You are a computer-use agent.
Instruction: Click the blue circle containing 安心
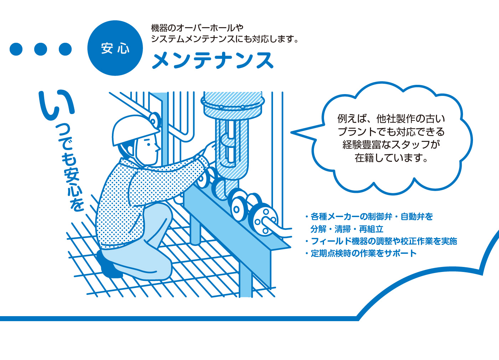[x=115, y=48]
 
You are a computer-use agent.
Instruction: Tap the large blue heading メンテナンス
[x=212, y=60]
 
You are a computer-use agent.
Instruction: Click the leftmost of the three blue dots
[x=16, y=49]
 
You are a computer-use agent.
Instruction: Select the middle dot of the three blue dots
[x=41, y=49]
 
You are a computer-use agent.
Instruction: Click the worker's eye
[x=149, y=144]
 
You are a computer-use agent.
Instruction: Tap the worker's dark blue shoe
[x=109, y=264]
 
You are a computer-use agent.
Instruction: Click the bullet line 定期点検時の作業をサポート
[x=361, y=253]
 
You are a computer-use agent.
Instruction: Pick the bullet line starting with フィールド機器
[x=381, y=241]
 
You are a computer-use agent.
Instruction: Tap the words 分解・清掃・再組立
[x=347, y=229]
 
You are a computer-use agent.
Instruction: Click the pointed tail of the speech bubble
[x=292, y=133]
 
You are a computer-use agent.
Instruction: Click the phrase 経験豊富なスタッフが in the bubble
[x=391, y=145]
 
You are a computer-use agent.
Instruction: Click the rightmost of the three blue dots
[x=65, y=49]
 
